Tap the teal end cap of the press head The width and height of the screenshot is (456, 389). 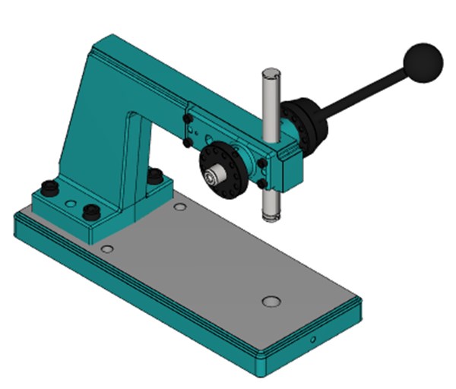pyautogui.click(x=292, y=169)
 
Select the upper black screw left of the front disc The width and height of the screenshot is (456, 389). pyautogui.click(x=187, y=119)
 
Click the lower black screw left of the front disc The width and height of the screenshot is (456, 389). pyautogui.click(x=188, y=142)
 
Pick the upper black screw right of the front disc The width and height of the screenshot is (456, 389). pyautogui.click(x=262, y=163)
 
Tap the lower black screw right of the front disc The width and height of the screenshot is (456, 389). pyautogui.click(x=261, y=184)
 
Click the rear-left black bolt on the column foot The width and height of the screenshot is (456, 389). pyautogui.click(x=50, y=186)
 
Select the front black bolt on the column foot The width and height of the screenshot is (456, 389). pyautogui.click(x=92, y=212)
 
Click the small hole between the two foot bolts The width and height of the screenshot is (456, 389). pyautogui.click(x=71, y=204)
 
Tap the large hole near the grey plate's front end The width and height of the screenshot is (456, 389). pyautogui.click(x=271, y=302)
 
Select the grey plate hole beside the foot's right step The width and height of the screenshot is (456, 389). pyautogui.click(x=180, y=206)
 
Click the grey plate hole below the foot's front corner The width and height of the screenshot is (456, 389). pyautogui.click(x=107, y=248)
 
